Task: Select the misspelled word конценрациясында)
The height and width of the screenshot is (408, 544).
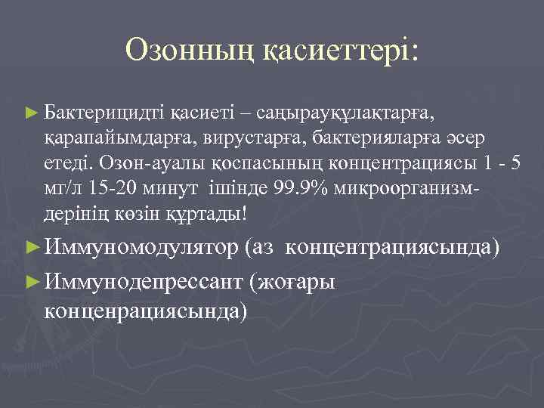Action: tap(146, 311)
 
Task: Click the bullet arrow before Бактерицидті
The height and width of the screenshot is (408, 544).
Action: tap(30, 113)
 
